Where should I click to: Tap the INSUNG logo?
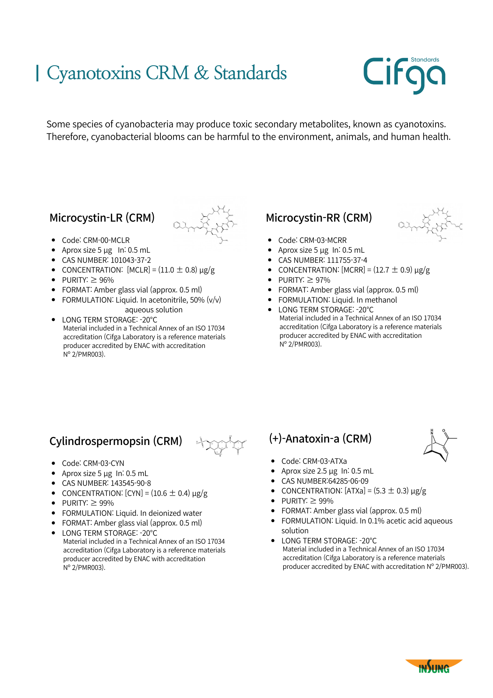pyautogui.click(x=434, y=666)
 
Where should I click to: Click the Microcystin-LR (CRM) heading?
pyautogui.click(x=102, y=218)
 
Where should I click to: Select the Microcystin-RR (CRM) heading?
pyautogui.click(x=319, y=218)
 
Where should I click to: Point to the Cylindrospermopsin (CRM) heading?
pyautogui.click(x=115, y=441)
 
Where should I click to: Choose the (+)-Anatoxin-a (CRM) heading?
pyautogui.click(x=320, y=438)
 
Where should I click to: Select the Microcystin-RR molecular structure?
pyautogui.click(x=431, y=223)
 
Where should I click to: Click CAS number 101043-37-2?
pyautogui.click(x=131, y=260)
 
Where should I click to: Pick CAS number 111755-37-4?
pyautogui.click(x=347, y=260)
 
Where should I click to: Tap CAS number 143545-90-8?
pyautogui.click(x=131, y=483)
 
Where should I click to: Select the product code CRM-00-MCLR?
pyautogui.click(x=106, y=240)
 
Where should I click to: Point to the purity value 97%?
pyautogui.click(x=323, y=280)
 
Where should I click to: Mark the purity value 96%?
pyautogui.click(x=106, y=280)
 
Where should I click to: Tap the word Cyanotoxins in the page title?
pyautogui.click(x=94, y=73)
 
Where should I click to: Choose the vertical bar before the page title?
pyautogui.click(x=37, y=73)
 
